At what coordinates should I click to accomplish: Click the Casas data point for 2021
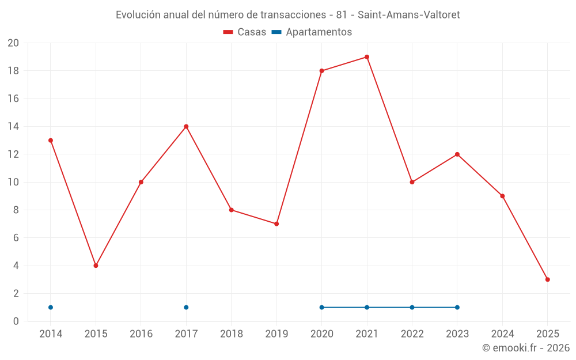point(367,57)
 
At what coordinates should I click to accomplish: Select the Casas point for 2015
point(96,266)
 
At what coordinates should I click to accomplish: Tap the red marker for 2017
point(186,127)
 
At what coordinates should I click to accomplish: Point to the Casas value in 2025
point(548,279)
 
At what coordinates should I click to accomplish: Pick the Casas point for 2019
point(276,223)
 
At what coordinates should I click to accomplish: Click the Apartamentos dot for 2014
point(51,307)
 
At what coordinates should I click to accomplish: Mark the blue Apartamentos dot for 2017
point(186,307)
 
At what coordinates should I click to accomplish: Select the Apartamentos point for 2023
point(457,307)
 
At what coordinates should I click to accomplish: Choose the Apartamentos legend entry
point(319,32)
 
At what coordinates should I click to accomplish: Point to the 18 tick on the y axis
point(13,71)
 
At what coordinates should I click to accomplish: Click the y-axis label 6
point(16,238)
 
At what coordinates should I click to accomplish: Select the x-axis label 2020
point(322,334)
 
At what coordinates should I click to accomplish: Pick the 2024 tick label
point(502,334)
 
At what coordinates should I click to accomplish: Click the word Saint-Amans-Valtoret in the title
point(409,15)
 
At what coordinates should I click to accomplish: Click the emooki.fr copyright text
point(526,348)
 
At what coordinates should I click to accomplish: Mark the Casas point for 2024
point(502,196)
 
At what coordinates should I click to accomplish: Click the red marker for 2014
point(51,141)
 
